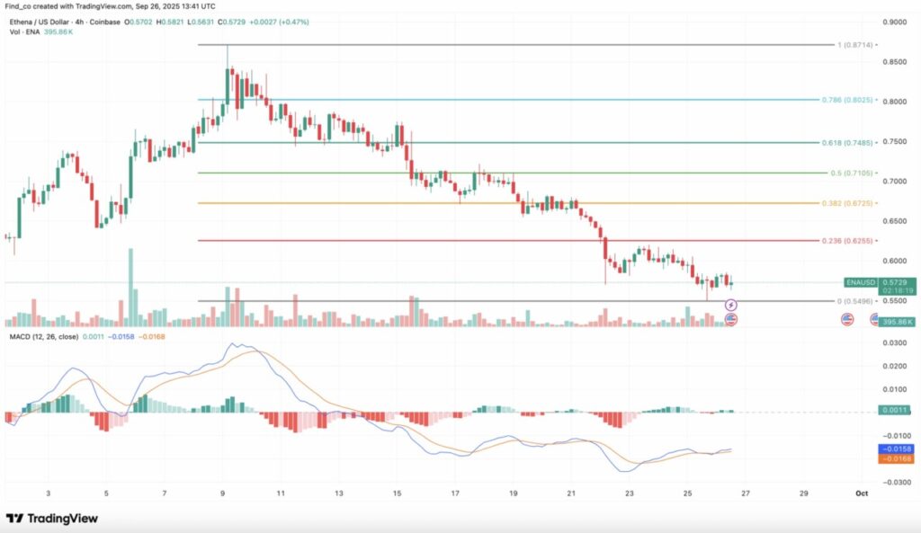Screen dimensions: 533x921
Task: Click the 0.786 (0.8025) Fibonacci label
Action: point(847,100)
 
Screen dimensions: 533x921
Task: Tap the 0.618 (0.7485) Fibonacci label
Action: point(847,142)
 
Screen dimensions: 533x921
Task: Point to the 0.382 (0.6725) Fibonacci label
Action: point(847,203)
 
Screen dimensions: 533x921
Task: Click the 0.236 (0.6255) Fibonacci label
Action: point(847,241)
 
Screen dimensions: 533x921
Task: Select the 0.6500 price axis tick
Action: point(895,220)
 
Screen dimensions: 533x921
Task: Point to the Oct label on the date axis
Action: point(862,493)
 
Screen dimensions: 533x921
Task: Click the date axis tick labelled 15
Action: point(398,493)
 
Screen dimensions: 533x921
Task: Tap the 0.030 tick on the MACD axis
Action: point(896,342)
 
